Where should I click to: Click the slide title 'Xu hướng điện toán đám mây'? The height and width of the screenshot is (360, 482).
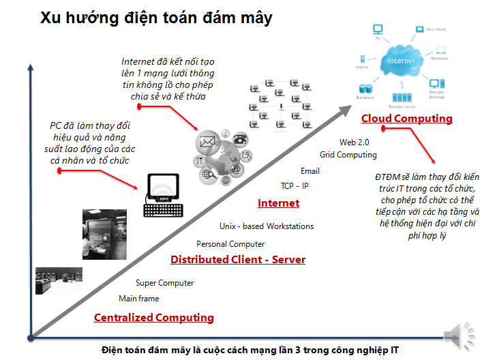point(155,18)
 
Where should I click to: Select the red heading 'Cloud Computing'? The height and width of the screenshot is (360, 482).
point(406,119)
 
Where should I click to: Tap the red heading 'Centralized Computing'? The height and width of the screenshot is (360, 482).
point(153,318)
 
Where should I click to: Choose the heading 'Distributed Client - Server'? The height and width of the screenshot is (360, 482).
point(238,260)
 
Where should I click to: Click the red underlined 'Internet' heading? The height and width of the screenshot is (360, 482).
point(278,203)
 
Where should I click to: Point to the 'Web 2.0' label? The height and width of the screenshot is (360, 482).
point(354,142)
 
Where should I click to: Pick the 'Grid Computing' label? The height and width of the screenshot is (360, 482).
point(348,155)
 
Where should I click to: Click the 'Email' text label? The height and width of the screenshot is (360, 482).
point(310,170)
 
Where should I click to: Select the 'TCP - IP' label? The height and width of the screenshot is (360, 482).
point(295,185)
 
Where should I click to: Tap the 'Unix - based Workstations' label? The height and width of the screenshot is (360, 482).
point(267,226)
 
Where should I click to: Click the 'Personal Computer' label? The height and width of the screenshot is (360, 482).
point(230,244)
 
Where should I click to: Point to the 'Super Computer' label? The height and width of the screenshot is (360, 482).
point(164,283)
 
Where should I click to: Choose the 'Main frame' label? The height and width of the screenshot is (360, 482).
point(138,299)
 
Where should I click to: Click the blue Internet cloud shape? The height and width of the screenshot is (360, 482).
point(400,61)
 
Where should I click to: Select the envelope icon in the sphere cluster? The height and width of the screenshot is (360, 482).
point(207,142)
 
